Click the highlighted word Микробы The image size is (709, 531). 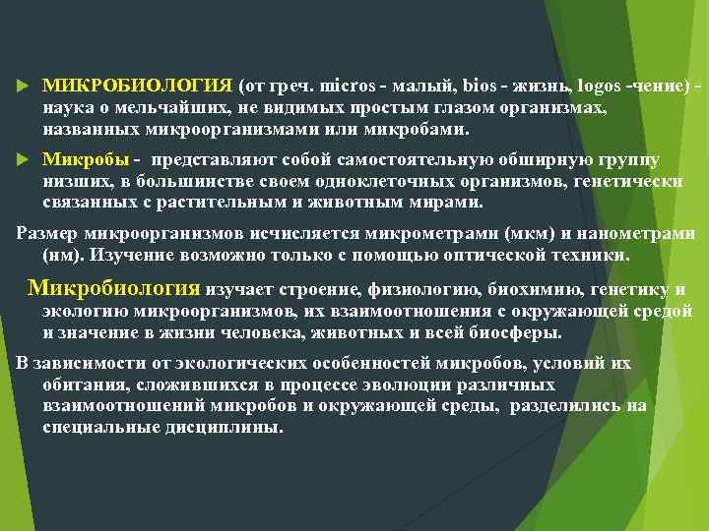point(86,159)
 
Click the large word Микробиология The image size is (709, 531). point(114,288)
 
